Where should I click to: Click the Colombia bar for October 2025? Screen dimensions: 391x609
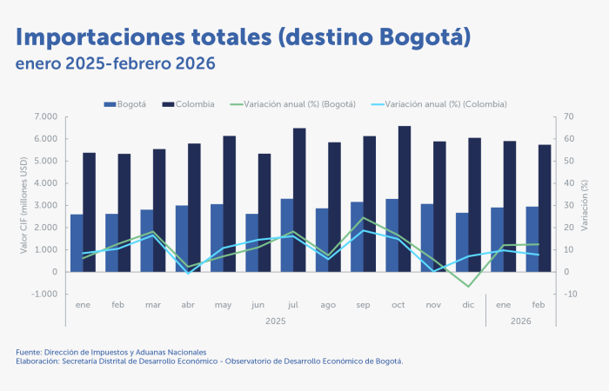click(x=405, y=199)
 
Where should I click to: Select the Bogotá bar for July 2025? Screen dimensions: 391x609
click(x=286, y=235)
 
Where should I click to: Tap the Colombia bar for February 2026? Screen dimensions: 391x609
click(x=545, y=209)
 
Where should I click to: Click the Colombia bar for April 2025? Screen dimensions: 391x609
click(x=194, y=208)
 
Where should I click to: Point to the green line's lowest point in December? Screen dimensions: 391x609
click(x=469, y=286)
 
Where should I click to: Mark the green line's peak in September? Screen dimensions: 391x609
click(x=364, y=218)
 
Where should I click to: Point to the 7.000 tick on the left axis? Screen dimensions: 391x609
click(x=46, y=116)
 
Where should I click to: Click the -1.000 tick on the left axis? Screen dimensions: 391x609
click(x=44, y=294)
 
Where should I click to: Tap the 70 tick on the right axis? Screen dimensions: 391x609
click(x=569, y=116)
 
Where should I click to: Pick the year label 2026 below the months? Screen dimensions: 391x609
click(x=521, y=321)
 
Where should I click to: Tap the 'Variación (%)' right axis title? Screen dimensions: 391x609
click(x=586, y=205)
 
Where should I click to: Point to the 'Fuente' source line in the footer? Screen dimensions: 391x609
click(x=110, y=352)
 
